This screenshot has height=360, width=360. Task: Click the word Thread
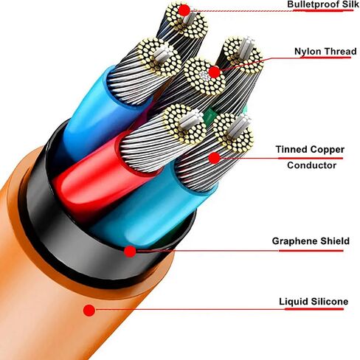(x=340, y=51)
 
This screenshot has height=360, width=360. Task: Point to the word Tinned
(x=291, y=149)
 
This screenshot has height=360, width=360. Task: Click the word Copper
(x=327, y=150)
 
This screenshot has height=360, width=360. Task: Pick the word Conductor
(x=311, y=165)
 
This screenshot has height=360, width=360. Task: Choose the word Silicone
(x=329, y=302)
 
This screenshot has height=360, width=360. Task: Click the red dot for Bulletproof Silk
(x=184, y=10)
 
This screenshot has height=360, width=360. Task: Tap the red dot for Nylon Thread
(x=215, y=72)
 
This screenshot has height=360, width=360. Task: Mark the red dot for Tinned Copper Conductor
(x=215, y=158)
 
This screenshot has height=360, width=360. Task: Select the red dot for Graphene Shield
(x=130, y=252)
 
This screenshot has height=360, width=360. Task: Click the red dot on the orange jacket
(x=89, y=311)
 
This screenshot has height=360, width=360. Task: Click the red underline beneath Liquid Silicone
(x=314, y=309)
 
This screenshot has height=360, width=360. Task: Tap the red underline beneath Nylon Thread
(x=326, y=58)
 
